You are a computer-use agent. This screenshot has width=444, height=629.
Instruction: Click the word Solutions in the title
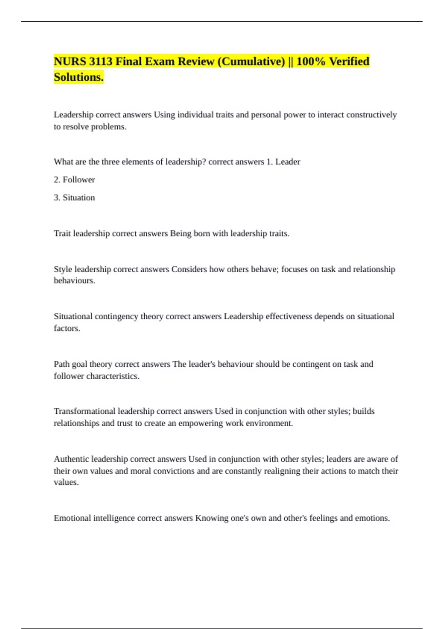tap(78, 77)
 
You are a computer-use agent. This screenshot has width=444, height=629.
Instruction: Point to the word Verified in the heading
tap(349, 61)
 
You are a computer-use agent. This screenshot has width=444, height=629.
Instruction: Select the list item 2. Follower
tap(74, 180)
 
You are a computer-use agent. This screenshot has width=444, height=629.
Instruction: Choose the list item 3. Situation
tap(74, 198)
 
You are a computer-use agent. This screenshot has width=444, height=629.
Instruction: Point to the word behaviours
tap(74, 281)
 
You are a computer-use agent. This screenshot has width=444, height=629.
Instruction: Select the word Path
tap(61, 364)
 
